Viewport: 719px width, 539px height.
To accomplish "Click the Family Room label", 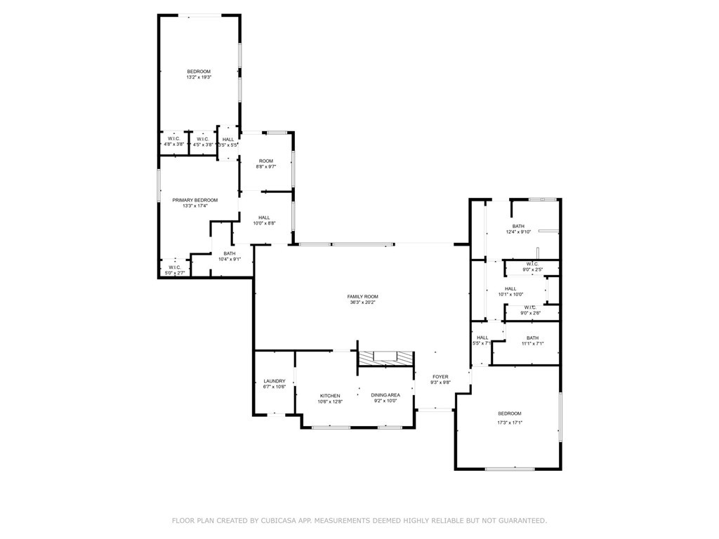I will point(362,296).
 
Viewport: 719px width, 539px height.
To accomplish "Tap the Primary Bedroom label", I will point(195,200).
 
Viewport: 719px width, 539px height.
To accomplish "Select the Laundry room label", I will point(275,381).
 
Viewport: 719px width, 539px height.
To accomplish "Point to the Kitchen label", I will point(330,396).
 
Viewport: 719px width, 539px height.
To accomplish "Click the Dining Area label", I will point(385,395).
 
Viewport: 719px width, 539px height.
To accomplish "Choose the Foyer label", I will point(440,377).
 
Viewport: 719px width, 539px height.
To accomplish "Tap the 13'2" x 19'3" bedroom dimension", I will point(199,77).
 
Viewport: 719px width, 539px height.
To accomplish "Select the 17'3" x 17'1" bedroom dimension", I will point(510,422).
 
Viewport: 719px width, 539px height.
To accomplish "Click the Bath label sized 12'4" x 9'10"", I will point(518,226).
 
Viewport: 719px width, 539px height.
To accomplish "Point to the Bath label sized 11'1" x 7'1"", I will point(533,338).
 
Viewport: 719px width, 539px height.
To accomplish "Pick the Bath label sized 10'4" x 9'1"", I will point(230,253).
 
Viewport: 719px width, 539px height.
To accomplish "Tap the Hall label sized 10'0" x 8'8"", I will point(264,218).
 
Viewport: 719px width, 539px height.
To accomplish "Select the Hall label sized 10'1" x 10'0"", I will point(510,288).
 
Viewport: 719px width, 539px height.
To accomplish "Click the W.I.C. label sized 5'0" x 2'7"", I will point(175,267).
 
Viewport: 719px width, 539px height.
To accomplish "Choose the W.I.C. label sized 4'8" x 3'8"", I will point(173,139).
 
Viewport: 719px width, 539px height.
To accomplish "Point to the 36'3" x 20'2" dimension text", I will point(362,302).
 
